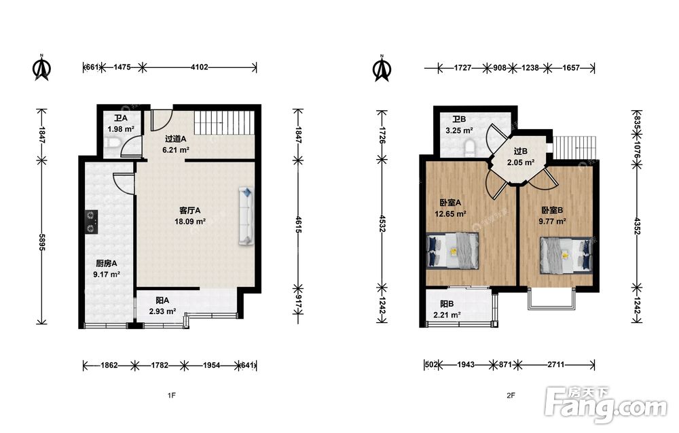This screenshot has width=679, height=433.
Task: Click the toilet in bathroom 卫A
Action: pos(111,143)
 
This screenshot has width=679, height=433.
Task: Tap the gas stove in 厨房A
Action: pos(91,222)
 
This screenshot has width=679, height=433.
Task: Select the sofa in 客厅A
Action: pos(246,216)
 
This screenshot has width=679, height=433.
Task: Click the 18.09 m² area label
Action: pos(189,222)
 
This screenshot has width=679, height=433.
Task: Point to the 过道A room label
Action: pos(175,139)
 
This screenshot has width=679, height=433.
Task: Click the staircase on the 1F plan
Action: pos(223,122)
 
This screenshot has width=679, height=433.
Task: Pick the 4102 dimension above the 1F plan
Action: pos(199,67)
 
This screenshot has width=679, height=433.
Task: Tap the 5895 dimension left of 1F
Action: pos(41,242)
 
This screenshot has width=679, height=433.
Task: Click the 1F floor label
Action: pos(172,396)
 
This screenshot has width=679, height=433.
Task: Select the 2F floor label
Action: pos(511,396)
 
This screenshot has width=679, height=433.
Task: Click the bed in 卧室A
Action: pos(452,251)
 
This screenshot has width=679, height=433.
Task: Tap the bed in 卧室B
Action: pos(566,255)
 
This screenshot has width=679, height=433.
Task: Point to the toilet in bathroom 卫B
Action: pos(469,148)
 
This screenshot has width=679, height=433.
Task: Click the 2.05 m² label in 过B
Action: pos(521,162)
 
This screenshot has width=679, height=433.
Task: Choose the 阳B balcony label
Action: pos(447,304)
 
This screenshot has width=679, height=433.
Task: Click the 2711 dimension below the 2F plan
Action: pos(555,365)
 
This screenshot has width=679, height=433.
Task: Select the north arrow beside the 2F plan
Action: pos(382,68)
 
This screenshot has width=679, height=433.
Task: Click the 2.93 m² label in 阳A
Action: pos(162,311)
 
